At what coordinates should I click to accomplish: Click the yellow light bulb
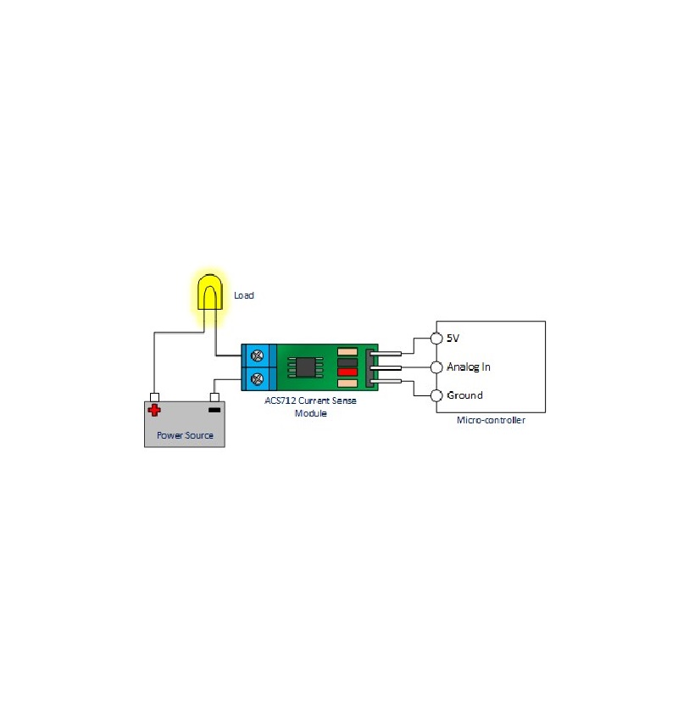pos(209,292)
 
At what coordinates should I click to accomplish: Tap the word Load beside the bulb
pos(244,295)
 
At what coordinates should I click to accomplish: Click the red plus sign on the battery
pos(154,411)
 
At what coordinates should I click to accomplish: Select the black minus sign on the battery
pos(214,410)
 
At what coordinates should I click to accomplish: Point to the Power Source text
pos(185,435)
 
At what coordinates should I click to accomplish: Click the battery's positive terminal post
pos(154,397)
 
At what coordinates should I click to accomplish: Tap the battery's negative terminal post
pos(214,397)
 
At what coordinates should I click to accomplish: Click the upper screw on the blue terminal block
pos(258,356)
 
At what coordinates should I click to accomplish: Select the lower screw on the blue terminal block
pos(258,378)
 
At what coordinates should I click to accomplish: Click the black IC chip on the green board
pos(306,367)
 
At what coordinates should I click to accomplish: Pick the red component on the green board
pos(347,372)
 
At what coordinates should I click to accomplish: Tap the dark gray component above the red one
pos(347,362)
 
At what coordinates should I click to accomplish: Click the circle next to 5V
pos(436,339)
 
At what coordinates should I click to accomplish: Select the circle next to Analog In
pos(436,367)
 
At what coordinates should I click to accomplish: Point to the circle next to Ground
pos(436,395)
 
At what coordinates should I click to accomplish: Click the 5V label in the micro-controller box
pos(453,339)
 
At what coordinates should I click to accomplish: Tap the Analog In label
pos(469,367)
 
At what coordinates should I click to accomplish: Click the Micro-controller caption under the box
pos(491,420)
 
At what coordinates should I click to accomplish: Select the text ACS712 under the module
pos(281,400)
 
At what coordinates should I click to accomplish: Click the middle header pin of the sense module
pos(386,367)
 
